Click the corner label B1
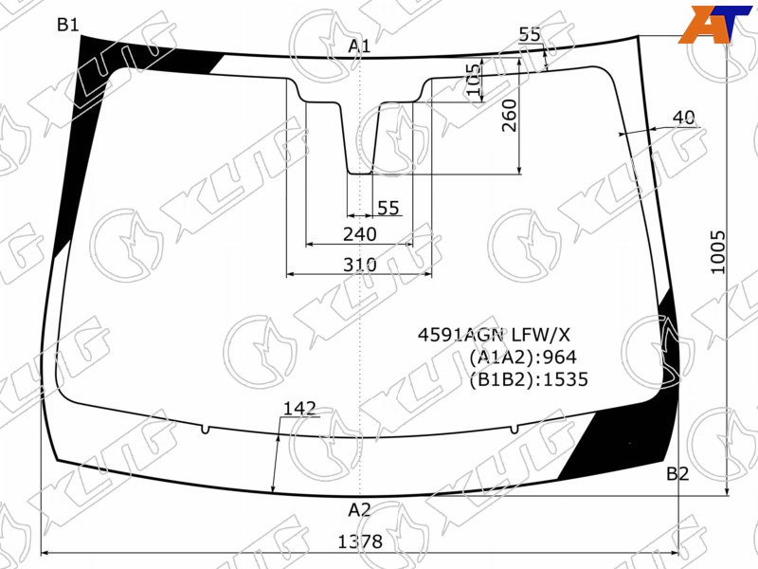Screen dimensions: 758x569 67,25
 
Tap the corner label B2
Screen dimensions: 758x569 677,473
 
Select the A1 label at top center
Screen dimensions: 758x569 359,46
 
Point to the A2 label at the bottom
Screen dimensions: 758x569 359,509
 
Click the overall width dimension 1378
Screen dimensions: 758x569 360,541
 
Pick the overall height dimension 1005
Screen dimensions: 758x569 718,252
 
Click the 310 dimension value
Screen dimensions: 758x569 360,265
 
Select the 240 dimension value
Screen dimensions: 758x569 360,234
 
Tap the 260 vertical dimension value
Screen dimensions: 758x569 509,116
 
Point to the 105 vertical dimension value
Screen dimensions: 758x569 476,80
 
